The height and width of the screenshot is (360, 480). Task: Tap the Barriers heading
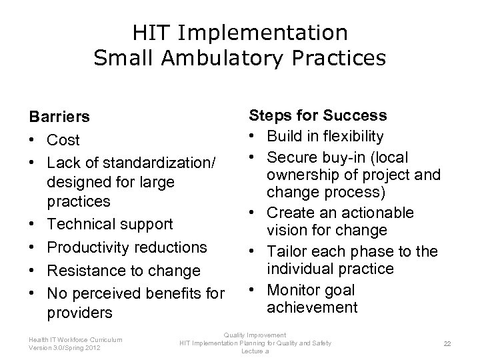click(x=59, y=117)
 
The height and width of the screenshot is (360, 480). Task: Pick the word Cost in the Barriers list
click(x=63, y=140)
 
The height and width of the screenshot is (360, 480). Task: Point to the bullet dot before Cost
click(x=32, y=141)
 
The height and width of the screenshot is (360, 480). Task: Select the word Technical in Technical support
click(x=80, y=223)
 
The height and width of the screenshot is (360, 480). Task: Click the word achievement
click(x=312, y=307)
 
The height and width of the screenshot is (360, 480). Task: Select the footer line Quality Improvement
click(x=255, y=335)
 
